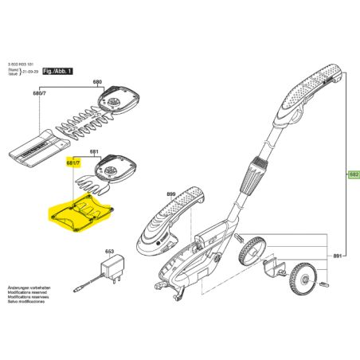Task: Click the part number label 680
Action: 98,83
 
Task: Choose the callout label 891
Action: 337,255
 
